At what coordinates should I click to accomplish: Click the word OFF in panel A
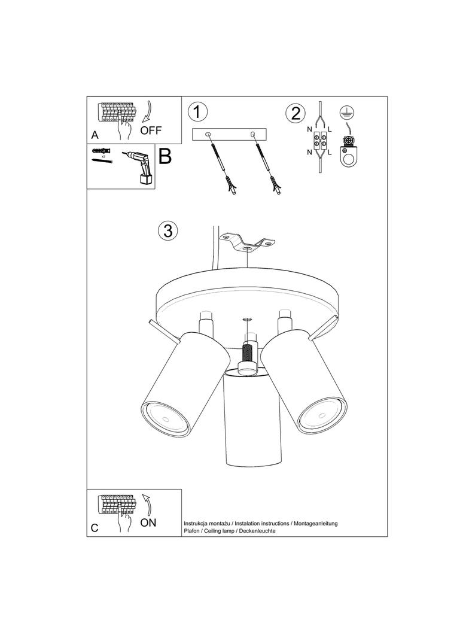point(151,130)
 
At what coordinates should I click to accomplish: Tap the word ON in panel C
point(148,522)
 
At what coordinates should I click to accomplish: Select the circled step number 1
point(197,111)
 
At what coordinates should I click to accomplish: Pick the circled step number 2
point(296,113)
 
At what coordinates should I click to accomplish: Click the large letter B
point(165,156)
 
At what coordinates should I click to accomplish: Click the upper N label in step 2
point(309,129)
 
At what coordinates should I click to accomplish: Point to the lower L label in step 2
point(330,153)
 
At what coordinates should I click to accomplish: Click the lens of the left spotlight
point(164,418)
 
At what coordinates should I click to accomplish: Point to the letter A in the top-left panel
point(95,135)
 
